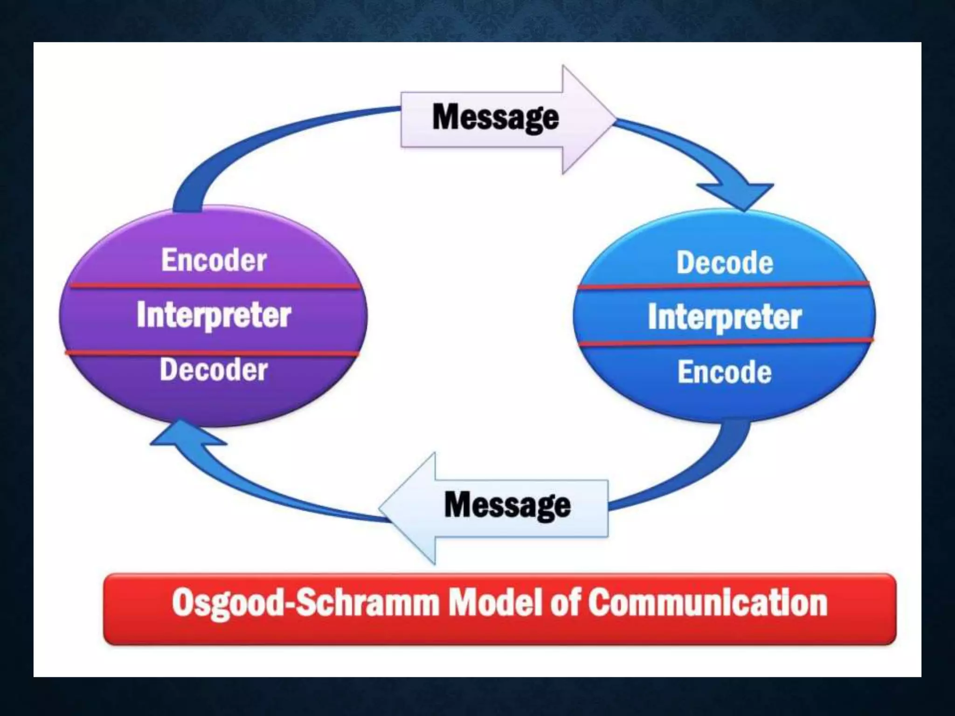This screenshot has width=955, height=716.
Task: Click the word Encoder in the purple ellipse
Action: [214, 260]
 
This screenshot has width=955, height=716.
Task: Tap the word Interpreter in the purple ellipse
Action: [214, 315]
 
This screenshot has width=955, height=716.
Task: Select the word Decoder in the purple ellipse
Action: [214, 370]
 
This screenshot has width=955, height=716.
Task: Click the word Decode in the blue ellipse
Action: [725, 262]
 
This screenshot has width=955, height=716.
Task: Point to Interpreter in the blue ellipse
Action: [725, 317]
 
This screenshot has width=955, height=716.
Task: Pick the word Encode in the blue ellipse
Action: [725, 372]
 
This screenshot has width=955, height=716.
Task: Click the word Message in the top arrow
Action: [496, 117]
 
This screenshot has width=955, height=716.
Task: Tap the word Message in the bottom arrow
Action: [507, 505]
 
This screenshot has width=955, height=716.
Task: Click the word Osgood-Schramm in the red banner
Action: [305, 603]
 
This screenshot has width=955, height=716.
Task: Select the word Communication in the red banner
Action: [707, 603]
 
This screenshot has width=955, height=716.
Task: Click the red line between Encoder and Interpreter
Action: [215, 286]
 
